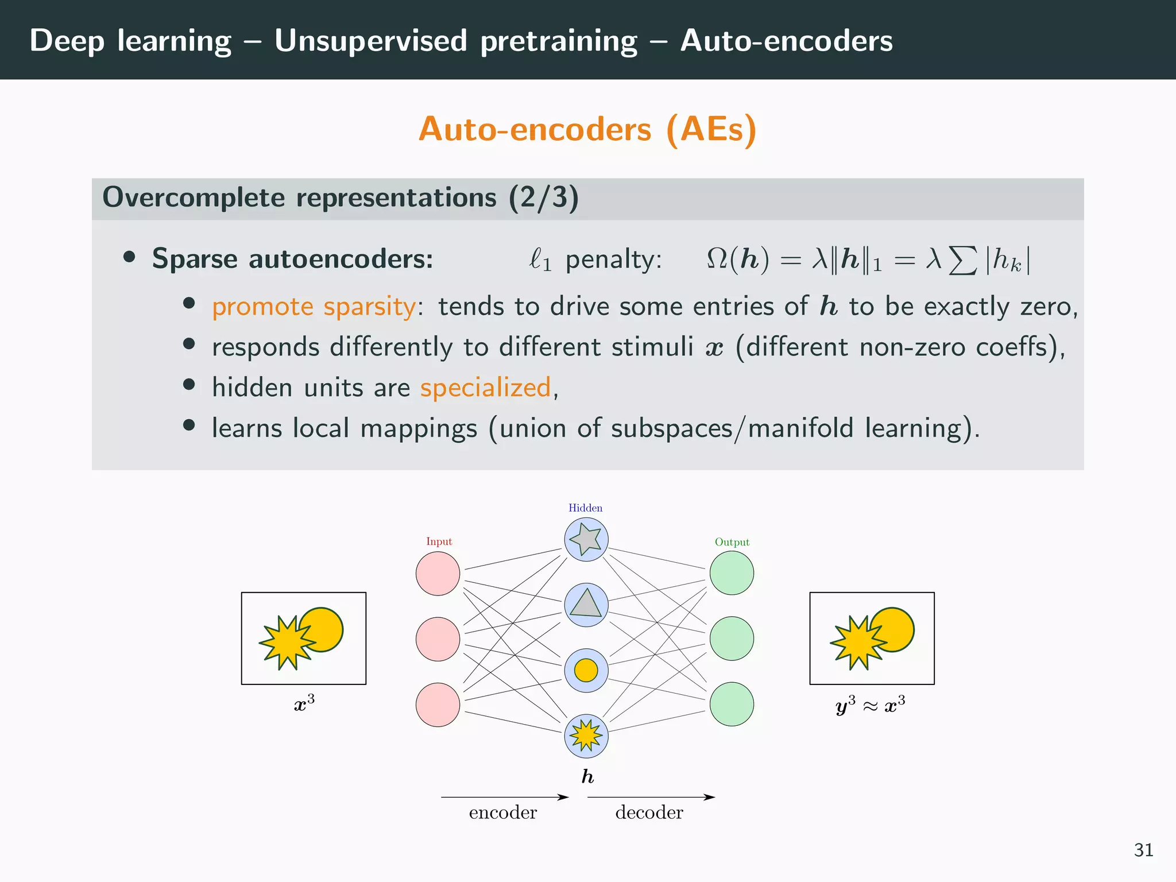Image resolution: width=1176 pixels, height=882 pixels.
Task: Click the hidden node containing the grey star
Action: pyautogui.click(x=586, y=539)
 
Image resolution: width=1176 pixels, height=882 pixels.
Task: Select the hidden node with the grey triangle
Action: pyautogui.click(x=586, y=605)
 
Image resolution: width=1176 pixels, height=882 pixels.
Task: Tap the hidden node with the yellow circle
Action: pyautogui.click(x=586, y=670)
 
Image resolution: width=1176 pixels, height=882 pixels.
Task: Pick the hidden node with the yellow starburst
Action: pyautogui.click(x=586, y=736)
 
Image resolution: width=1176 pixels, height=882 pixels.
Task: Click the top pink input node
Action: pyautogui.click(x=438, y=573)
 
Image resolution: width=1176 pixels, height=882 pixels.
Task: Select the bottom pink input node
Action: pyautogui.click(x=438, y=705)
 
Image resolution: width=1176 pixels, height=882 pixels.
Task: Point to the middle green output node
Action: pyautogui.click(x=732, y=639)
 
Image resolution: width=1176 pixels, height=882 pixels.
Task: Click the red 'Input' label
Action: pyautogui.click(x=439, y=541)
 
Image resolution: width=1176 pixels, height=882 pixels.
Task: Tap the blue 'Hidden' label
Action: pyautogui.click(x=585, y=508)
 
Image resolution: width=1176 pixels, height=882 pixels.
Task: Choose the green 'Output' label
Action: pyautogui.click(x=732, y=542)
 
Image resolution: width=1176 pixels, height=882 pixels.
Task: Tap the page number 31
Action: pyautogui.click(x=1143, y=850)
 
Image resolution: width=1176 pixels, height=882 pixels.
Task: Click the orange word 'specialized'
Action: pyautogui.click(x=485, y=388)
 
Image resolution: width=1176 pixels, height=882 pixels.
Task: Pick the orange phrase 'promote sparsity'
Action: pyautogui.click(x=314, y=307)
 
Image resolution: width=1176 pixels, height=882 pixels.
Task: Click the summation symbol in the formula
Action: pyautogui.click(x=962, y=260)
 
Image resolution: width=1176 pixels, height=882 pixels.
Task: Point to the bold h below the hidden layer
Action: pyautogui.click(x=587, y=777)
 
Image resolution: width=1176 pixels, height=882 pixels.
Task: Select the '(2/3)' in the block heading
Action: pyautogui.click(x=543, y=198)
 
